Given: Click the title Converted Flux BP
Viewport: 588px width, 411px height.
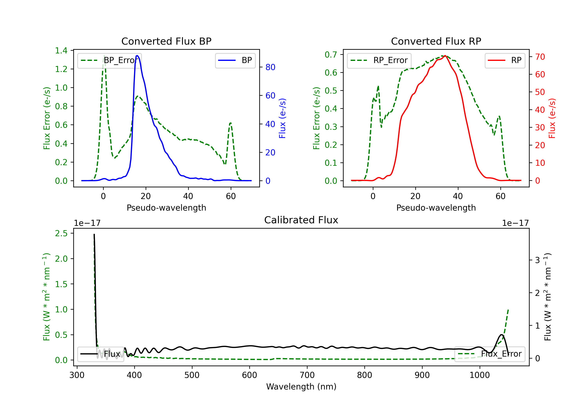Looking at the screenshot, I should [x=166, y=41].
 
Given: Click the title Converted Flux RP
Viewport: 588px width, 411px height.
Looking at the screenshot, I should [x=436, y=41].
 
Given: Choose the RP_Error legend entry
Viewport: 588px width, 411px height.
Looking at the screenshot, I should [x=379, y=60].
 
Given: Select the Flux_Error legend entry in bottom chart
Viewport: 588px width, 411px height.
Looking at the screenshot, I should [x=490, y=354].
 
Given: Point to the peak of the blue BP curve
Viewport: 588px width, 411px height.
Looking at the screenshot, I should [x=137, y=56].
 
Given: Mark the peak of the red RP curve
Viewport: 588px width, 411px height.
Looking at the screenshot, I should [x=445, y=56].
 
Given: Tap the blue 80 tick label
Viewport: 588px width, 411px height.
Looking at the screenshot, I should [x=270, y=67].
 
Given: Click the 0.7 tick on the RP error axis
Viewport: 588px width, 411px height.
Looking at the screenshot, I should [x=331, y=54].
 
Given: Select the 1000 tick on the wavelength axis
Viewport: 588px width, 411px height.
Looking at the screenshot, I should [x=479, y=375].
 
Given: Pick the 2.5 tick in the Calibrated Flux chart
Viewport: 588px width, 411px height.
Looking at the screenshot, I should [x=61, y=233].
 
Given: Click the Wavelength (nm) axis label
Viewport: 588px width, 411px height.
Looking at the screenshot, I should [x=301, y=387].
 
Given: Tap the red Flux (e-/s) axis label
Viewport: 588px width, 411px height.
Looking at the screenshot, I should [x=552, y=118].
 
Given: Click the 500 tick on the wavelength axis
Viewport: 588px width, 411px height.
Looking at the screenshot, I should [x=192, y=375].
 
